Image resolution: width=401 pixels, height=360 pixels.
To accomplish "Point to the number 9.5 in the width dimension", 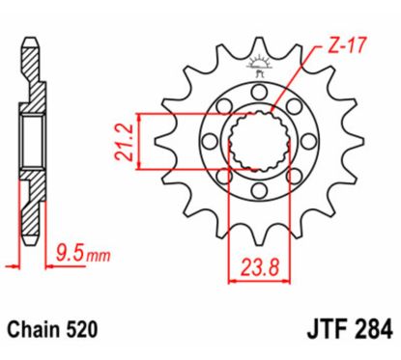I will (x=68, y=256).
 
